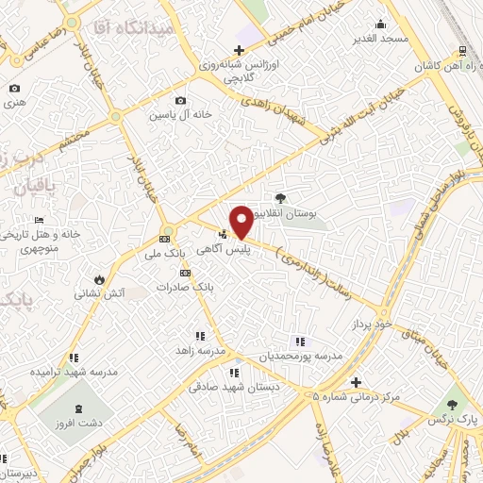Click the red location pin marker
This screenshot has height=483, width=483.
point(241,221)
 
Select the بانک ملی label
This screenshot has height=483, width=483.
point(165,254)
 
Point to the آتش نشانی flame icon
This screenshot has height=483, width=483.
point(101,279)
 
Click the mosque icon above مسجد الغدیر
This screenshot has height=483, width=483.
point(381,25)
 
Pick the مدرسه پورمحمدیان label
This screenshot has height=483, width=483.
point(299,358)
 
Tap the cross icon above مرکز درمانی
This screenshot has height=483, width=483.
point(356,382)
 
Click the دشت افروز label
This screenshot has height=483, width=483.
point(76,424)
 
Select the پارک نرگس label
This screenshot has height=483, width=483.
point(458,415)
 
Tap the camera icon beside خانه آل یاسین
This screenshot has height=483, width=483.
point(180,101)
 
